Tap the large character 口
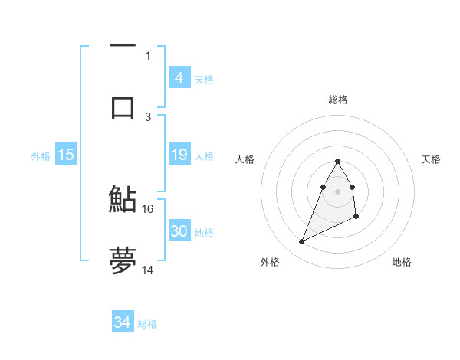tap(123, 106)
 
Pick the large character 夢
tap(123, 260)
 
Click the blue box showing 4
tap(179, 78)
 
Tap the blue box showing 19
tap(179, 155)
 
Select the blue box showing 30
tap(179, 231)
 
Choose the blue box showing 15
tap(66, 155)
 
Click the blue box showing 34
tap(123, 322)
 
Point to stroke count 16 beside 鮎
tap(148, 208)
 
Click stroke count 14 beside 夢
tap(148, 270)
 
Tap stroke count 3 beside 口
tap(148, 116)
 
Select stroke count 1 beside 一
tap(148, 55)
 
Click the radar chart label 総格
tap(337, 100)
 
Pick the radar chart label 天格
tap(431, 159)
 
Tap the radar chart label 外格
tap(270, 262)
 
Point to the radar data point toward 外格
tap(301, 242)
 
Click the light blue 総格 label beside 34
tap(147, 324)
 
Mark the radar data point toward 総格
tap(337, 161)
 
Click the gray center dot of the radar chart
tap(337, 190)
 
